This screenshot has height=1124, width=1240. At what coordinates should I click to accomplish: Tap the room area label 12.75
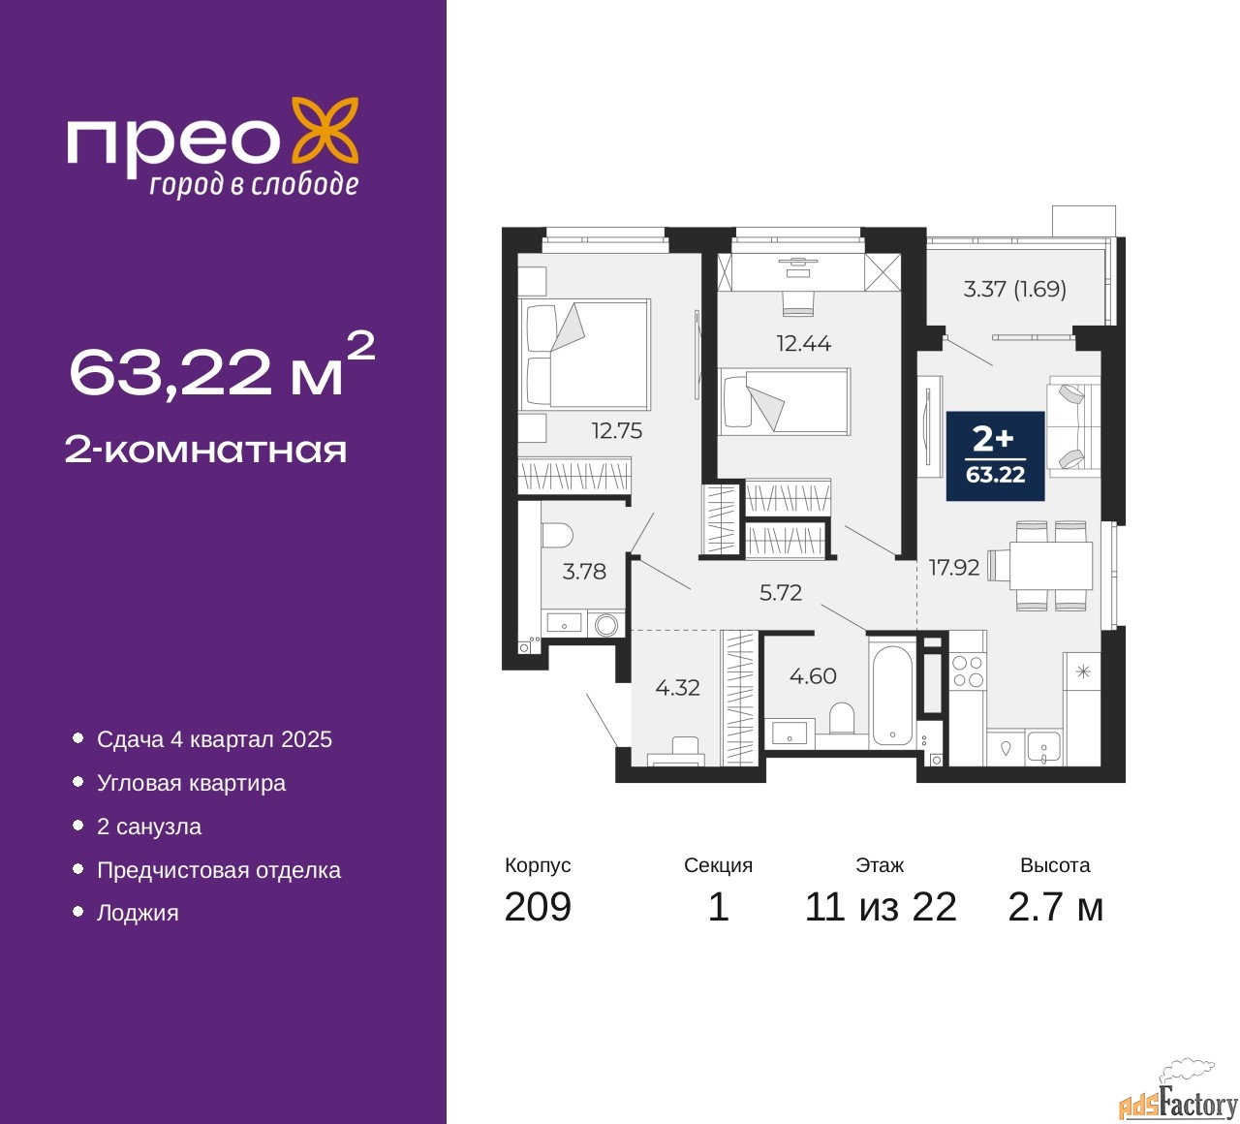tap(616, 430)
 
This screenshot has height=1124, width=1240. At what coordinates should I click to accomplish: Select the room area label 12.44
tap(804, 342)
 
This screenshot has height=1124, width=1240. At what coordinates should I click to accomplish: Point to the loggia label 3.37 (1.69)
tap(1014, 289)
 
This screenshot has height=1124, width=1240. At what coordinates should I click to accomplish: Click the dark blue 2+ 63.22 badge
tap(995, 455)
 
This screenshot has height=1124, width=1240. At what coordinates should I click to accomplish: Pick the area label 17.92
tap(954, 567)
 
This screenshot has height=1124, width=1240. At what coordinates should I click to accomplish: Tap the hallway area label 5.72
tap(780, 592)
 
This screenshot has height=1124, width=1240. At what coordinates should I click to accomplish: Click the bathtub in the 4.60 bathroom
tap(891, 696)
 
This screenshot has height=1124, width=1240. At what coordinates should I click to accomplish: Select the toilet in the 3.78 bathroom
tap(557, 535)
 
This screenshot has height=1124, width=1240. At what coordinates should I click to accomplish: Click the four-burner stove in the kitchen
tap(968, 671)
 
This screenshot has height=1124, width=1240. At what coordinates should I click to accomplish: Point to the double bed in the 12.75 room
tap(584, 355)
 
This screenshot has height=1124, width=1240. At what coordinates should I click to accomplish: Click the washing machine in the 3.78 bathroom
tap(606, 624)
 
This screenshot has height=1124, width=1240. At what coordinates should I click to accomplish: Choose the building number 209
tap(538, 907)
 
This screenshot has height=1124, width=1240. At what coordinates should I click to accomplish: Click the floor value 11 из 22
tap(881, 907)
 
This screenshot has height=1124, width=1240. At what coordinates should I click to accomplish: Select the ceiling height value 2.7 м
tap(1055, 907)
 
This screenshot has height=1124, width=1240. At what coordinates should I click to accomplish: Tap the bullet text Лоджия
tap(138, 913)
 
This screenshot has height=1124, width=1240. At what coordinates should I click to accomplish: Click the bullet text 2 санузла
tap(149, 827)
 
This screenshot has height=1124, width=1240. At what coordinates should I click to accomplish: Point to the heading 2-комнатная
tap(205, 451)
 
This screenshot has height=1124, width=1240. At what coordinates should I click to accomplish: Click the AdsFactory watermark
tap(1178, 1103)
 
